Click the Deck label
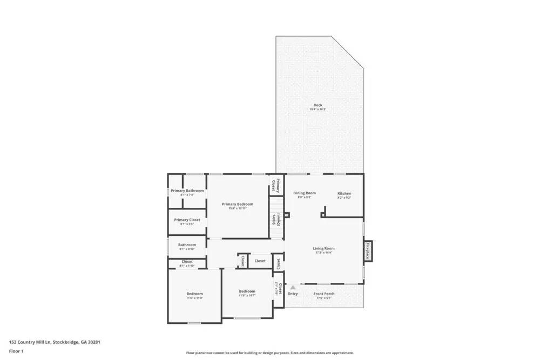point(318,105)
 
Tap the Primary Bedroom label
point(237,204)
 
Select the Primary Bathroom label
point(187,191)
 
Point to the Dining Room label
point(304,193)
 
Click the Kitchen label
point(344,193)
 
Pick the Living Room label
point(324,248)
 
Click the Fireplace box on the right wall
point(368,251)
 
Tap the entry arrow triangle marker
point(293,288)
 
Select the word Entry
point(293,294)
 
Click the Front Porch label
point(324,294)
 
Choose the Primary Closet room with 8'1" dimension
point(187,220)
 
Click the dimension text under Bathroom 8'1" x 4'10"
point(187,249)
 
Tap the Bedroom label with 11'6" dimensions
point(194,294)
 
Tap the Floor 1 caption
point(16,351)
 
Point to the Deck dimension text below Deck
point(318,110)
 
